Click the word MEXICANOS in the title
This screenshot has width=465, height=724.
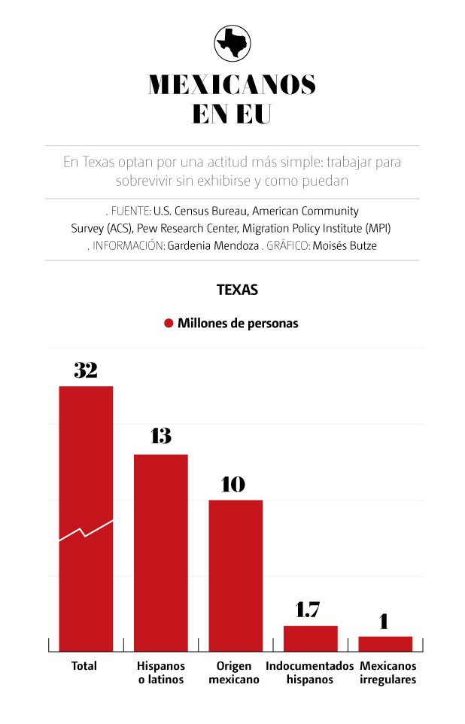(x=232, y=84)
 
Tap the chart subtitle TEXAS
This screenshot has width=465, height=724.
(x=237, y=290)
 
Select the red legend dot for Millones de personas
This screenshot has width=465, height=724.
(x=169, y=324)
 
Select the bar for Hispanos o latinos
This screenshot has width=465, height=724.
(x=161, y=552)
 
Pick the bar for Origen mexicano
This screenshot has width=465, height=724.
(x=236, y=575)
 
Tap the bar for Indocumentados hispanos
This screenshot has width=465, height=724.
(x=310, y=638)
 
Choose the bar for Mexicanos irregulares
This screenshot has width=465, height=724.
(x=385, y=643)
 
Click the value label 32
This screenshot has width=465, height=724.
(x=86, y=370)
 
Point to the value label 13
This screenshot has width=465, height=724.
(x=160, y=436)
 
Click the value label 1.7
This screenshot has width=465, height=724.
(x=308, y=610)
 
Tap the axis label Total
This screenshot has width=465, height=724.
(x=84, y=666)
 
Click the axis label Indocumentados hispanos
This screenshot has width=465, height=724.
(x=309, y=673)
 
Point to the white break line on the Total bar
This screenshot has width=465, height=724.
(x=86, y=531)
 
